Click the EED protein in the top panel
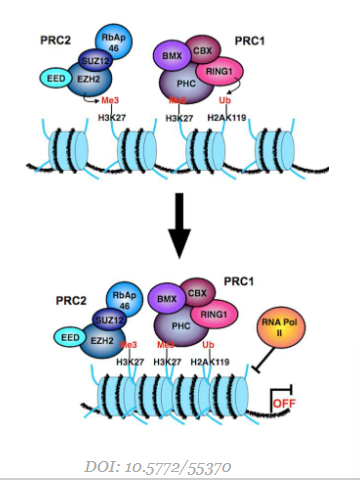(56, 78)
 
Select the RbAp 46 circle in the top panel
(112, 41)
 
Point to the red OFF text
(286, 406)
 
